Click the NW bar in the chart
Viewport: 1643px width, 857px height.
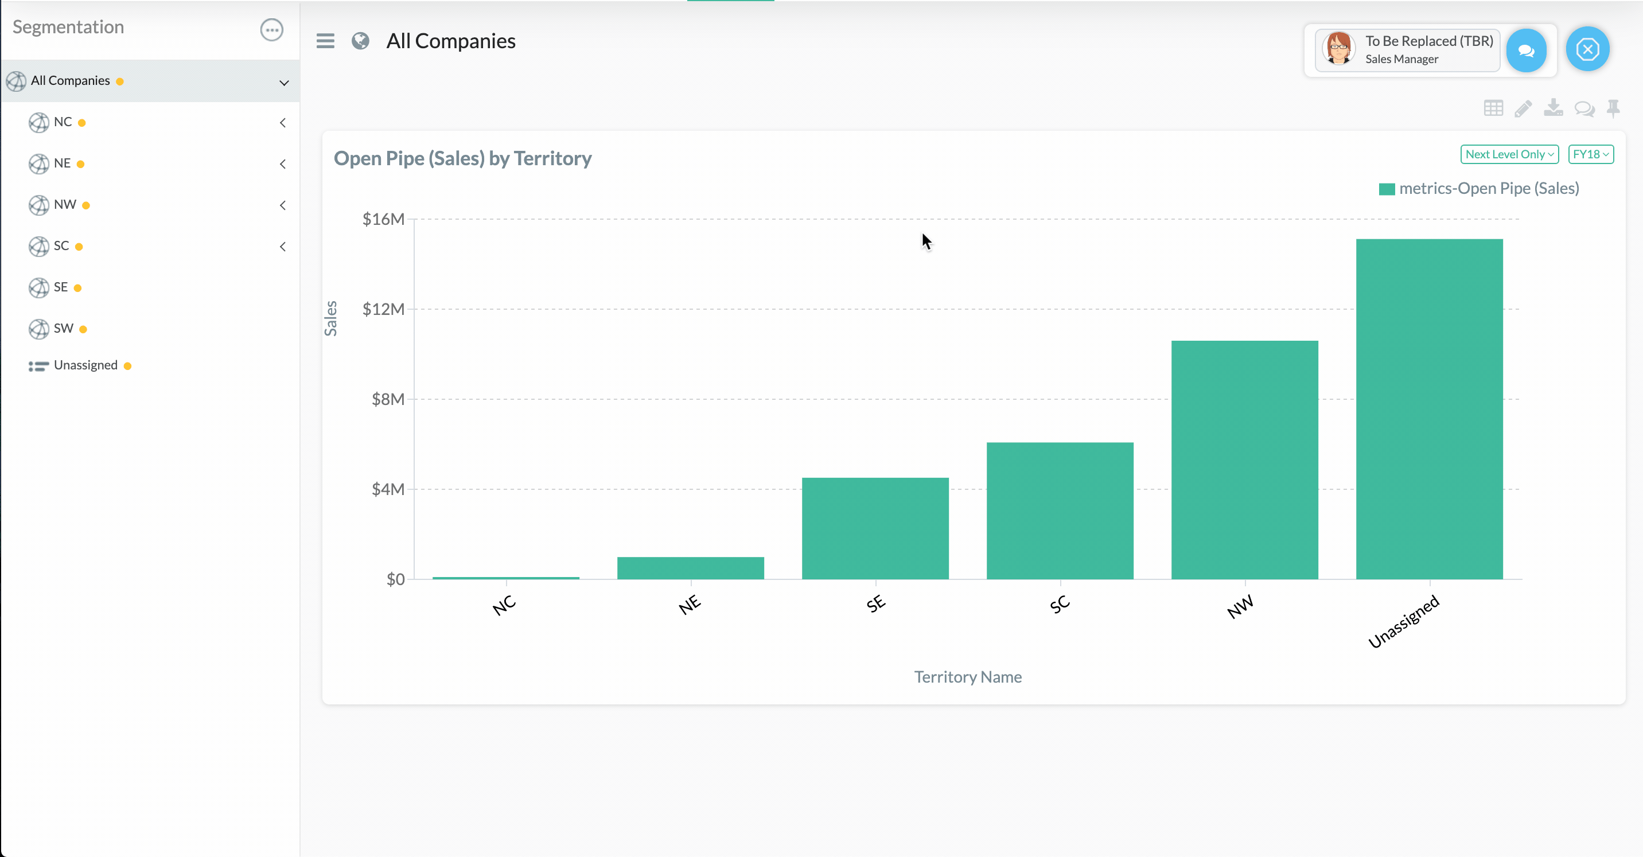tap(1244, 459)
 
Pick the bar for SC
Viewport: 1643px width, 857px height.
tap(1060, 510)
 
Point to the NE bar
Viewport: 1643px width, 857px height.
tap(690, 567)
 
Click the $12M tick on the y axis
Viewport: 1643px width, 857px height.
tap(383, 309)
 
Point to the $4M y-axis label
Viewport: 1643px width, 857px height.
tap(388, 489)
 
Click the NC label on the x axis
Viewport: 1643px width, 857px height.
tap(504, 605)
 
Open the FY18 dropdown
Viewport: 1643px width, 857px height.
tap(1590, 154)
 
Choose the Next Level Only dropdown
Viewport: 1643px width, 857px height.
tap(1509, 154)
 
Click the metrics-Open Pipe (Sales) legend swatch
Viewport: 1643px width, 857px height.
tap(1387, 189)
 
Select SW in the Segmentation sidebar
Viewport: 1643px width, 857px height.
tap(63, 328)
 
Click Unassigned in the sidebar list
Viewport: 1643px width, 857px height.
tap(85, 365)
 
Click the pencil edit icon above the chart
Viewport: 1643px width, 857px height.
tap(1523, 108)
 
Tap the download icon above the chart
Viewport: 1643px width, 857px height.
tap(1553, 108)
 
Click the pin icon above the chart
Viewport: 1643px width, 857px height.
tap(1613, 108)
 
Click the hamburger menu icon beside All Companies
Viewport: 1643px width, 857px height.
tap(325, 41)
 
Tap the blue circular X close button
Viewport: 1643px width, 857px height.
tap(1587, 49)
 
